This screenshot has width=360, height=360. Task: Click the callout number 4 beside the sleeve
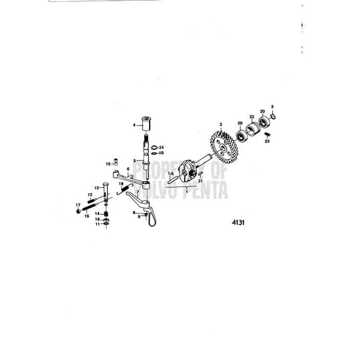point(134,125)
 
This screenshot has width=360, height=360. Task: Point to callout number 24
point(160,147)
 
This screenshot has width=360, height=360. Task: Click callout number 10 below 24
point(160,153)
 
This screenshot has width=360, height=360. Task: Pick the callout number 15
point(108,164)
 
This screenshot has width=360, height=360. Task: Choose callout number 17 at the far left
point(78,205)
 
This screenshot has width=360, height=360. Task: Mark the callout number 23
point(268,142)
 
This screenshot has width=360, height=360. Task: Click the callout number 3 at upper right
point(272,107)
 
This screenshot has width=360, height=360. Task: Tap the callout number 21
point(200,181)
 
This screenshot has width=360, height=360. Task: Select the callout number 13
point(97,187)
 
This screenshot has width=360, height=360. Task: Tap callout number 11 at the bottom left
point(97,224)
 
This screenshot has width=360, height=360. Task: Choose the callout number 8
point(134,212)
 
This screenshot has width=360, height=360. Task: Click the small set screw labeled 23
point(267,135)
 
